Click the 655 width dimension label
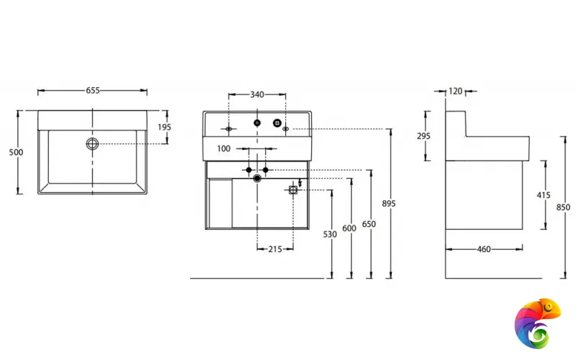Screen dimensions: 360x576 [93, 90]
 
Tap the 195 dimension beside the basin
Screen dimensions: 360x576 [164, 127]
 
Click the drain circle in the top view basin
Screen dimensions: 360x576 [92, 144]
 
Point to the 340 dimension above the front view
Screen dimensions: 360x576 [256, 94]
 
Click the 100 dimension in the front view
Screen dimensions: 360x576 [223, 148]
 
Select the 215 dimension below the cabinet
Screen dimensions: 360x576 [274, 248]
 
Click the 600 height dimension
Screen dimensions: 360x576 [349, 228]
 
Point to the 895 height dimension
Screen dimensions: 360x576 [389, 204]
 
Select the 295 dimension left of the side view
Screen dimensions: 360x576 [425, 136]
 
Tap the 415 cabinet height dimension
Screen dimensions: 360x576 [544, 194]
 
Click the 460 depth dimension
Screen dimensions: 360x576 [484, 249]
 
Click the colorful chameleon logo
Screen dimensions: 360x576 [537, 322]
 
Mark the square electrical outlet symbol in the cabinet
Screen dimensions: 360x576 [293, 190]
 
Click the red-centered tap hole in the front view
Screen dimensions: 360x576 [257, 122]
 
